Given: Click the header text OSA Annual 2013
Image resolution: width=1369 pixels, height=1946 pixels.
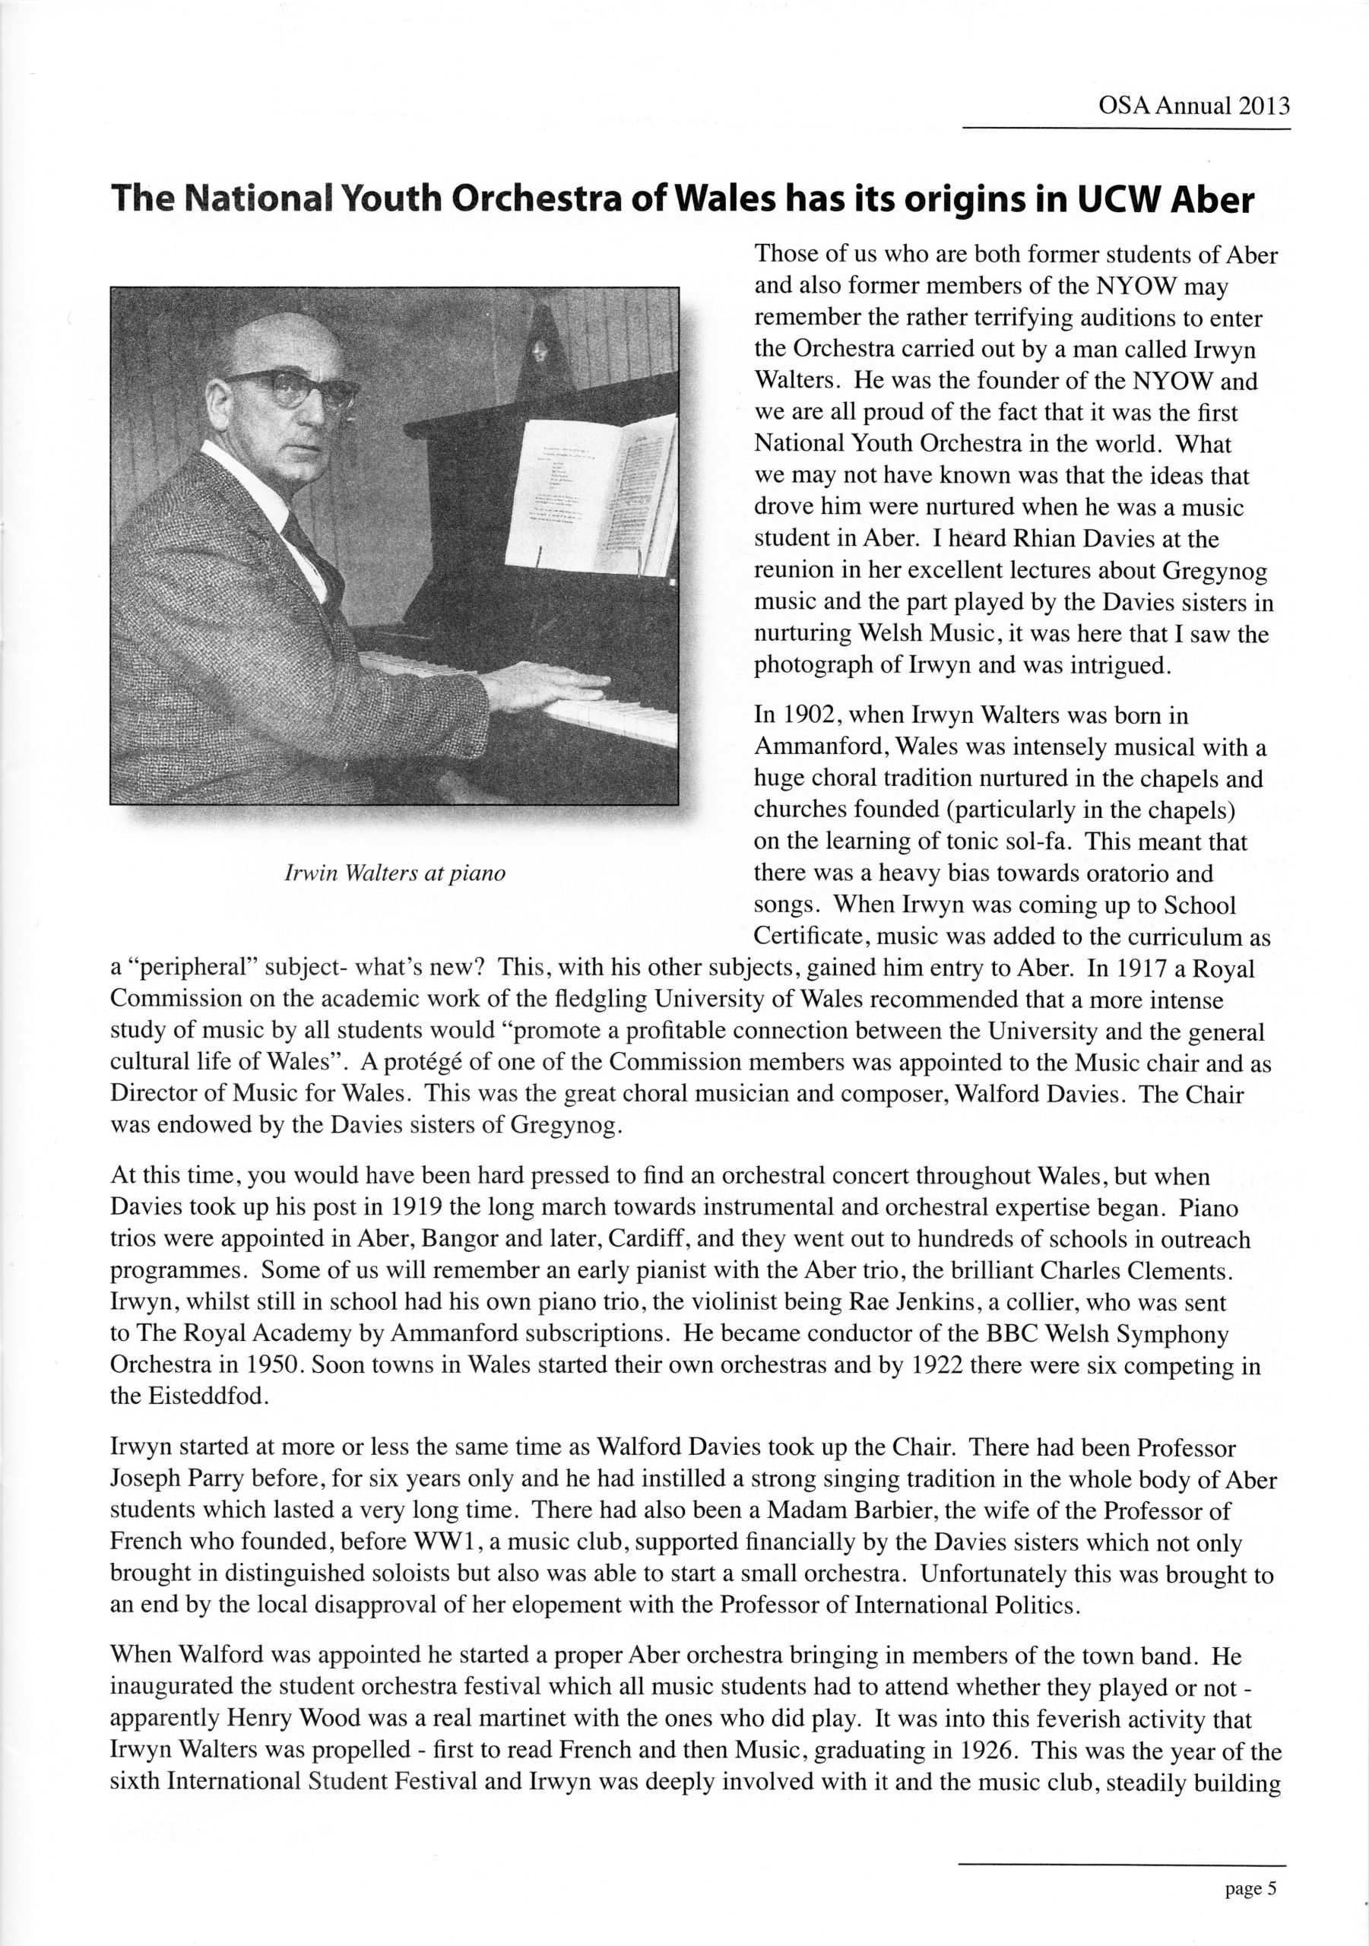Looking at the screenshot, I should click(x=1193, y=106).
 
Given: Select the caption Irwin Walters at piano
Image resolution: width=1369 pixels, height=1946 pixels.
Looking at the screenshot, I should click(x=395, y=873).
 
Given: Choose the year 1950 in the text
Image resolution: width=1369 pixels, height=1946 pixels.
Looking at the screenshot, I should click(x=274, y=1365).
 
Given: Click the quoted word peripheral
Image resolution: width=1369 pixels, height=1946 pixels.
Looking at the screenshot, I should click(x=191, y=968).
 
